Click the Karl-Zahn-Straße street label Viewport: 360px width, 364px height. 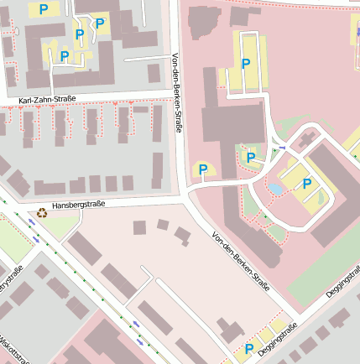[x=47, y=99]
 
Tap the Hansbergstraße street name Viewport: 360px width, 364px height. [x=78, y=204]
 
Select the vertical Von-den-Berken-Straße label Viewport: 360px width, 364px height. [x=176, y=93]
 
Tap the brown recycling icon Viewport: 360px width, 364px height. [x=42, y=213]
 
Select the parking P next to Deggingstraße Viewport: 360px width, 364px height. [x=248, y=348]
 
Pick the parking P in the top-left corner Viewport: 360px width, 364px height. [x=43, y=9]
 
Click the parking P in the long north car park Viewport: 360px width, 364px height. [x=246, y=64]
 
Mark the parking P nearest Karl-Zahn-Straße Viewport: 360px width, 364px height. [x=64, y=56]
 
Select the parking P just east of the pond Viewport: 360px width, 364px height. [x=307, y=184]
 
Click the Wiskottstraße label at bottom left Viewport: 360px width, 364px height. [x=16, y=348]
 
